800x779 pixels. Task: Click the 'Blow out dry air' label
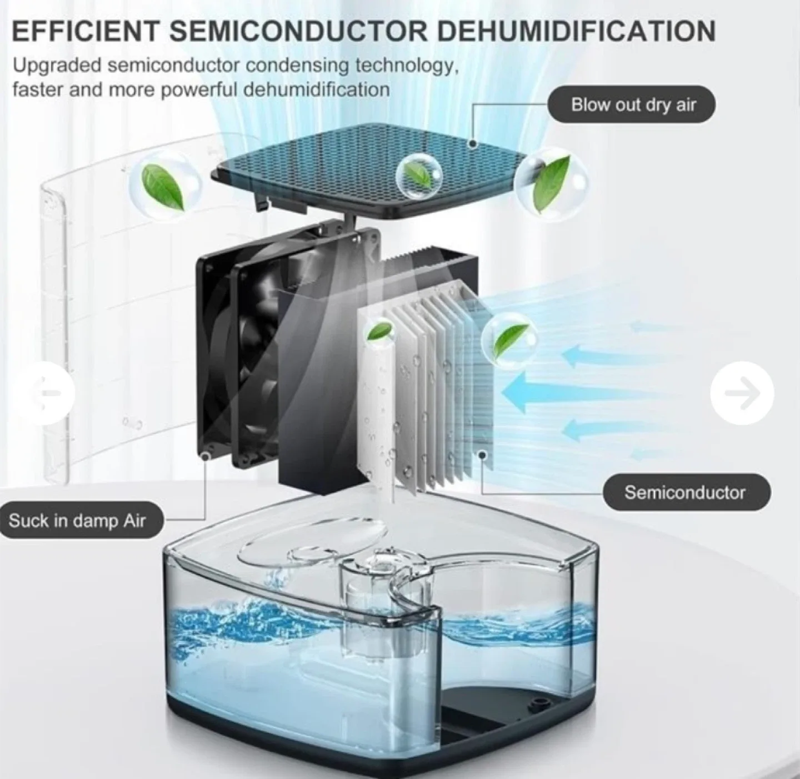coord(632,104)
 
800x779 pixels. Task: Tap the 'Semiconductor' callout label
coord(686,492)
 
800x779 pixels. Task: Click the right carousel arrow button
coord(742,392)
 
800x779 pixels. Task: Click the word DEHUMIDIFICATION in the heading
coord(575,31)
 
